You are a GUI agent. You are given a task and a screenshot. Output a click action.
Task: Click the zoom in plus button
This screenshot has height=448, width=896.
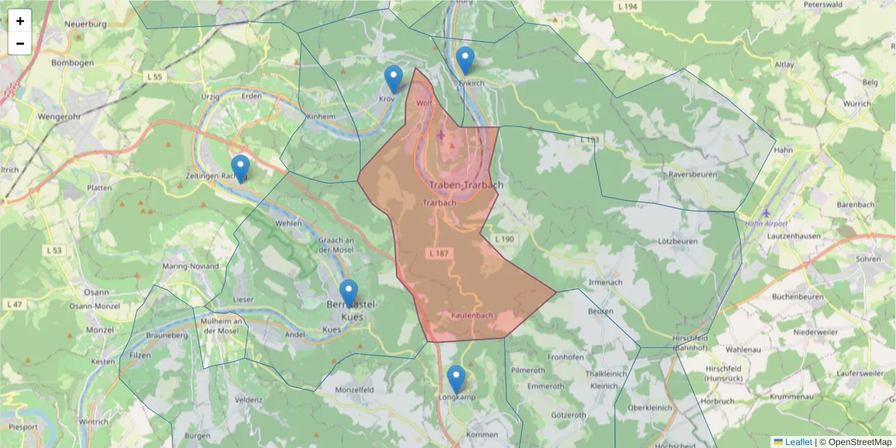click(x=20, y=21)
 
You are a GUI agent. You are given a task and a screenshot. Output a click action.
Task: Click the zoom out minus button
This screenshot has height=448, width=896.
click(x=20, y=43)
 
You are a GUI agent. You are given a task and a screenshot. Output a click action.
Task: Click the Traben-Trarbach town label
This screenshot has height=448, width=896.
click(x=467, y=184)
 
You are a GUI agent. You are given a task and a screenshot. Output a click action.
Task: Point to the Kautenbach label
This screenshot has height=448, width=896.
click(x=472, y=316)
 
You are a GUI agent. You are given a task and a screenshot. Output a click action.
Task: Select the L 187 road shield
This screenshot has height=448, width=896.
click(x=439, y=254)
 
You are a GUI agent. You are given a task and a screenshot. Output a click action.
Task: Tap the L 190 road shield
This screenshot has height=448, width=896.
click(x=504, y=239)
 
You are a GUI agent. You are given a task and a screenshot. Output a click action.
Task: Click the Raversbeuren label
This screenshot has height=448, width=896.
click(x=692, y=175)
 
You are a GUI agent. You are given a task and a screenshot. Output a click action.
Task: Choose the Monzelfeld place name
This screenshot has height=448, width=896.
click(x=355, y=390)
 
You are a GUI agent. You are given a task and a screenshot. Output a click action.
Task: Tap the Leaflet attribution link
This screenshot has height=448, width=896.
click(x=797, y=442)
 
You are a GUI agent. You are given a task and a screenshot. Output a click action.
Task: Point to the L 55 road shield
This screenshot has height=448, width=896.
click(x=155, y=76)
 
